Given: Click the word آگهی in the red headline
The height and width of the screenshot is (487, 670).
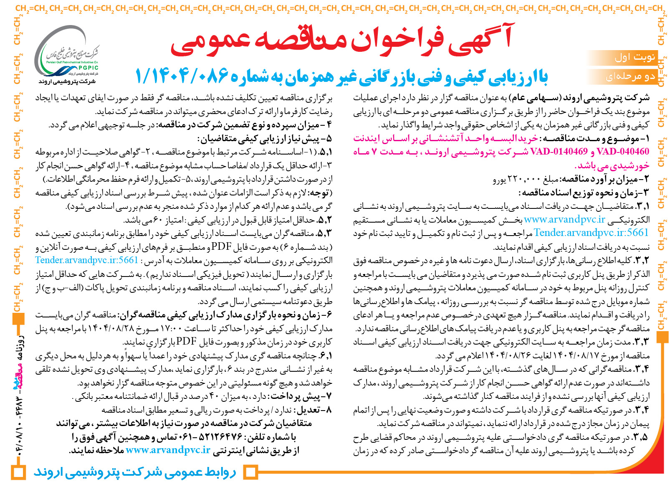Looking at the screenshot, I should point(480,40).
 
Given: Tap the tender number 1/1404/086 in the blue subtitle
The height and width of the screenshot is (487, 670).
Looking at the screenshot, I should point(182,76).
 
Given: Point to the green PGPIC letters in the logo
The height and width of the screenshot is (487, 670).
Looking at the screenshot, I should point(88,68).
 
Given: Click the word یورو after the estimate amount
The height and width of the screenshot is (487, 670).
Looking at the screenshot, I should point(500,180).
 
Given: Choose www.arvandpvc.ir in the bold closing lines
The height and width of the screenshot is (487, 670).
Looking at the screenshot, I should point(168,450).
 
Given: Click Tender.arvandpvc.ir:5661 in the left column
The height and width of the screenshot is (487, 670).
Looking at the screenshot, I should point(86,260).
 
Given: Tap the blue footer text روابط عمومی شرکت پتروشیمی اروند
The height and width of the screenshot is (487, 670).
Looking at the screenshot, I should point(134,472).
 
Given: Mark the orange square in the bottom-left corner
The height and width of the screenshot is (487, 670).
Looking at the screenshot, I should point(18,473).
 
